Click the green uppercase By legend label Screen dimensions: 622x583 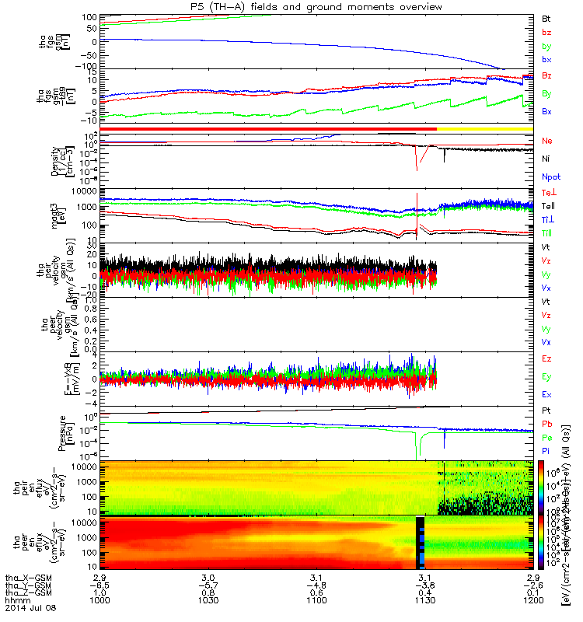[x=547, y=94]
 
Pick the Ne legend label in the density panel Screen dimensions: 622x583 [x=548, y=141]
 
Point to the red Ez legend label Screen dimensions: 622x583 [x=547, y=358]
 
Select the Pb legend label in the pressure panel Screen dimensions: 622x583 [x=547, y=425]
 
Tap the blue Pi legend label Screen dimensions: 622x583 [x=546, y=450]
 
